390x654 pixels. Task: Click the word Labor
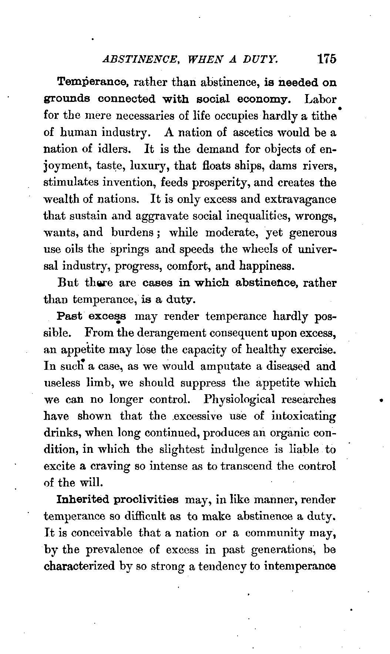pos(320,99)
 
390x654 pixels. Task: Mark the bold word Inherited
pos(82,500)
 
